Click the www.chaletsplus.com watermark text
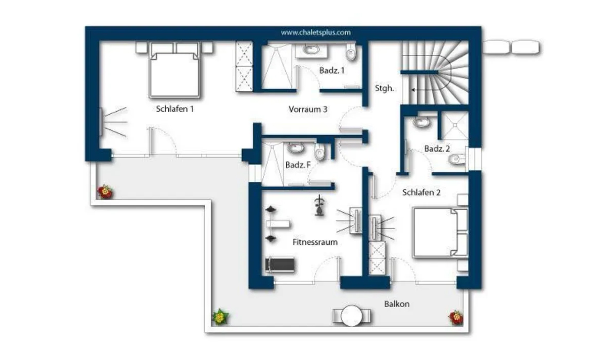click(x=316, y=33)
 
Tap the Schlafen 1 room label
click(x=175, y=109)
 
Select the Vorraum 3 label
click(x=308, y=109)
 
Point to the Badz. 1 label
click(x=332, y=71)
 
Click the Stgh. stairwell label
click(x=384, y=88)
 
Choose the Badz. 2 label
click(x=437, y=148)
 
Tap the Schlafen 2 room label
click(x=422, y=192)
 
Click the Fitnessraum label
click(x=315, y=242)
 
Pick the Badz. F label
click(x=298, y=165)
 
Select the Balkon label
click(x=397, y=304)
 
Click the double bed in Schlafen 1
click(x=174, y=71)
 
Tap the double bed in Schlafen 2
click(x=440, y=232)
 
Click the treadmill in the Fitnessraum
click(x=280, y=265)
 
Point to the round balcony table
click(x=352, y=316)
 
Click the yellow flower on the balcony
click(x=220, y=317)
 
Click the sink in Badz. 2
click(x=421, y=122)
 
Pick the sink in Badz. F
click(x=295, y=148)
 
